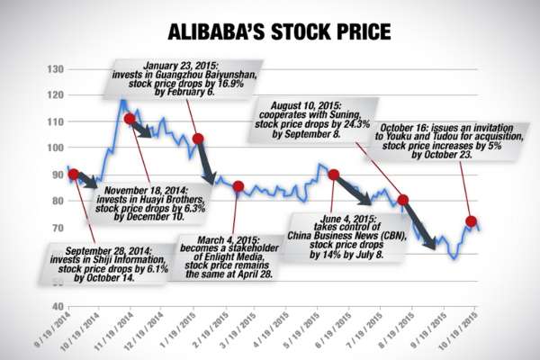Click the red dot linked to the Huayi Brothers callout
[129, 118]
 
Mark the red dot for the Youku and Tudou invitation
[472, 220]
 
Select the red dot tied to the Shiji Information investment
[73, 174]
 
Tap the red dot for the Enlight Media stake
[238, 186]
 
